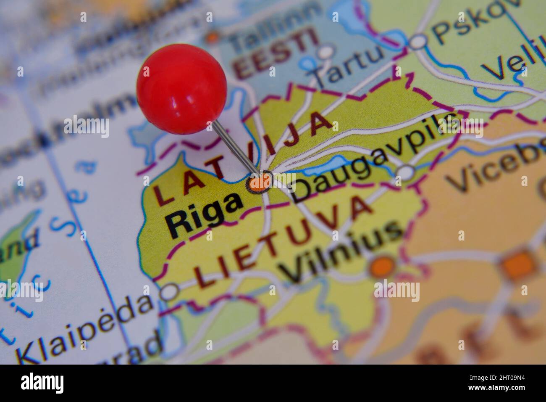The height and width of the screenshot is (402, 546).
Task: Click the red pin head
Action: coord(181,89)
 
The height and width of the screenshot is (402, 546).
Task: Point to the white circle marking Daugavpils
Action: coord(405,172)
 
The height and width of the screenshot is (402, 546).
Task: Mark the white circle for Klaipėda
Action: coord(170,291)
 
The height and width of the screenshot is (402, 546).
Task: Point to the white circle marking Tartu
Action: coord(325,52)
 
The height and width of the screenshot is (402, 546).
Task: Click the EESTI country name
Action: coord(275,53)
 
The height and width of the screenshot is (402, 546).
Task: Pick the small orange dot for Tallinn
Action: coord(213,37)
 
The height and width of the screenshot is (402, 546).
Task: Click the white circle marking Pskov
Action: coord(418,41)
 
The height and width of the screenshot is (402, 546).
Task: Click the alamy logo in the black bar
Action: coord(42,383)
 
